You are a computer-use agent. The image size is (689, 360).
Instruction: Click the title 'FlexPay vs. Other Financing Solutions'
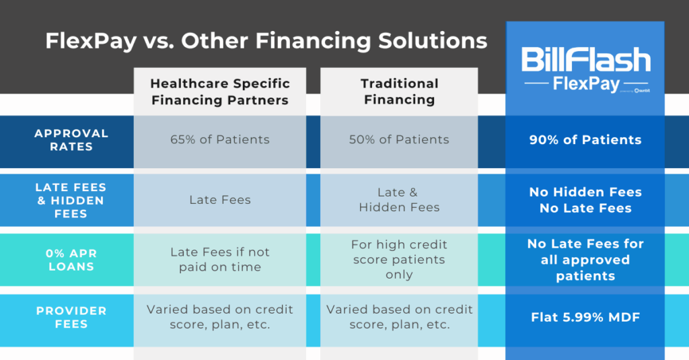pos(266,41)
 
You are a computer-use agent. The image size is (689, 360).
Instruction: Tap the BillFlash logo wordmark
pos(585,61)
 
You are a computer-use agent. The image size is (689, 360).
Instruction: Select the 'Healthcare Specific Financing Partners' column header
pos(220,92)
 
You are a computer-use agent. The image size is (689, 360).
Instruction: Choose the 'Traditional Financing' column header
pos(399,92)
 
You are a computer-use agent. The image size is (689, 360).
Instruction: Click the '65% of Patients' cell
pos(220,140)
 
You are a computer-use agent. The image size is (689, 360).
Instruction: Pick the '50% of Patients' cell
pos(399,140)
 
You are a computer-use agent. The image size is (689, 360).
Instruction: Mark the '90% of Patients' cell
pos(585,140)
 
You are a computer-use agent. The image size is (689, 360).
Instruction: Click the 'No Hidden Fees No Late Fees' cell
pos(585,200)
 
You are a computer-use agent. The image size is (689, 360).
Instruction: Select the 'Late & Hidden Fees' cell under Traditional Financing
pos(399,200)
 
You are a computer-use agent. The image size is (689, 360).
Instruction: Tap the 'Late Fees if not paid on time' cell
pos(220,259)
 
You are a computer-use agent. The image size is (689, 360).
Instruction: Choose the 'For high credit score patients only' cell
pos(399,259)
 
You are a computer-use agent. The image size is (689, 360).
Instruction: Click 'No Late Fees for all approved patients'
pos(585,260)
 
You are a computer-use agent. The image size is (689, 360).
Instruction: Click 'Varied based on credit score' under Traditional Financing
pos(399,317)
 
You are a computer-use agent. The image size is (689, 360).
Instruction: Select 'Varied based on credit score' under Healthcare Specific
pos(220,317)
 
